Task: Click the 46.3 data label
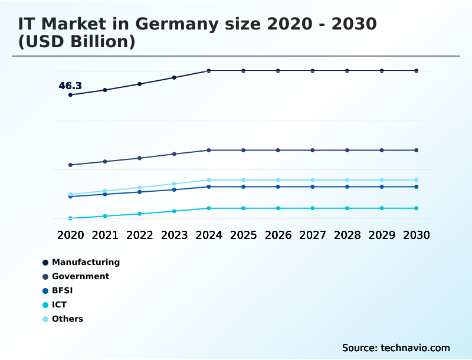[x=70, y=86]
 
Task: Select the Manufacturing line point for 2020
[x=70, y=95]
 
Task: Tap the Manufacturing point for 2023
[x=174, y=77]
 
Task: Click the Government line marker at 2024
[x=209, y=150]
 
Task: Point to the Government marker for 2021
[x=105, y=161]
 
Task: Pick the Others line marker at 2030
[x=416, y=180]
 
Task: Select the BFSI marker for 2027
[x=313, y=186]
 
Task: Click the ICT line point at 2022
[x=140, y=214]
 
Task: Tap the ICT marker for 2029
[x=382, y=208]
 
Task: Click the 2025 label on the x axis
[x=243, y=235]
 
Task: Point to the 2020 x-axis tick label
[x=70, y=235]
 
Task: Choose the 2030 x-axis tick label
[x=416, y=235]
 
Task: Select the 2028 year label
[x=347, y=235]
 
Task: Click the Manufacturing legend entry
[x=86, y=262]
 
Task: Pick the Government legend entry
[x=80, y=276]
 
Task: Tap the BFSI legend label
[x=62, y=290]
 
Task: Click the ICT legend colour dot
[x=45, y=305]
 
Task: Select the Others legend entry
[x=67, y=319]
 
